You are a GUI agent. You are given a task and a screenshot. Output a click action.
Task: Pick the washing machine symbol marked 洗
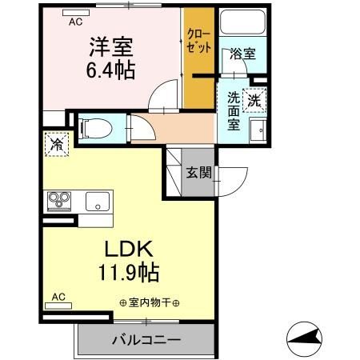pos(254,101)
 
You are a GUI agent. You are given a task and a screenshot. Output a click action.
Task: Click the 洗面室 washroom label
pos(233,112)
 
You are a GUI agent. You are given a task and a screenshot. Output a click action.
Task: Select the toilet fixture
pos(95,126)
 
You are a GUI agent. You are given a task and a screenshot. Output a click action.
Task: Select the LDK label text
pos(122,249)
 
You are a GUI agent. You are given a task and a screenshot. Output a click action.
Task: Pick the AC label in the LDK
pos(58,297)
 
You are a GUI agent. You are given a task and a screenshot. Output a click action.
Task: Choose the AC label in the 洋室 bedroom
pos(75,22)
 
